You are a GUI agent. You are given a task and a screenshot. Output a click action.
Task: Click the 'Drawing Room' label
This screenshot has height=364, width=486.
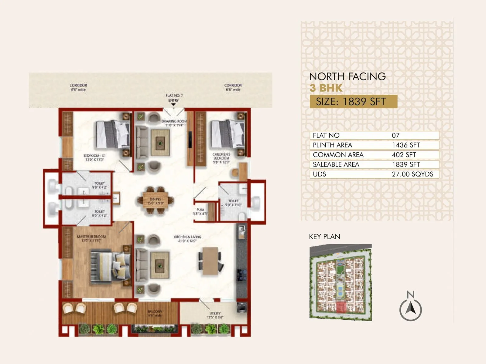pyautogui.click(x=174, y=123)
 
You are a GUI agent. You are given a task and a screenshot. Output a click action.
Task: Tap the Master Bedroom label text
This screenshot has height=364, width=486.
pyautogui.click(x=91, y=238)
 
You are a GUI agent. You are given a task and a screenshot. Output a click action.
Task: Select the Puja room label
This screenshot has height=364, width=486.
pyautogui.click(x=200, y=211)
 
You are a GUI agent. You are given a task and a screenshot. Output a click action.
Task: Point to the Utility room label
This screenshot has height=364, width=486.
pyautogui.click(x=215, y=315)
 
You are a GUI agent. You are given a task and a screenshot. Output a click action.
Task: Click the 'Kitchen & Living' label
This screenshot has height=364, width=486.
pyautogui.click(x=187, y=239)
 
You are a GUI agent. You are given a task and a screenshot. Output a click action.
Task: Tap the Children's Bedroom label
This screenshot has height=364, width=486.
pyautogui.click(x=221, y=158)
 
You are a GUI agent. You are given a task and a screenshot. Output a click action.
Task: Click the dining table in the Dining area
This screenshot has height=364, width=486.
pyautogui.click(x=156, y=201)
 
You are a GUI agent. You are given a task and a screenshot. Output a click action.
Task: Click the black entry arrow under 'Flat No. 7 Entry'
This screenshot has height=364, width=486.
pyautogui.click(x=173, y=105)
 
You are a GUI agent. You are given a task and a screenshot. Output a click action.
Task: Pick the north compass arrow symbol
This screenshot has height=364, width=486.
pyautogui.click(x=411, y=309)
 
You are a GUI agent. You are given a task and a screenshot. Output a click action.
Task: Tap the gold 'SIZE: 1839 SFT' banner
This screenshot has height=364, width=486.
pyautogui.click(x=353, y=102)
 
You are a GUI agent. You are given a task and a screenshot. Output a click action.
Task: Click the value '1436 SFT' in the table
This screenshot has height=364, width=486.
pyautogui.click(x=406, y=145)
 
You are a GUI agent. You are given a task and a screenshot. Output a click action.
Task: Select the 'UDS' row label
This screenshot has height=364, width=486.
pyautogui.click(x=320, y=174)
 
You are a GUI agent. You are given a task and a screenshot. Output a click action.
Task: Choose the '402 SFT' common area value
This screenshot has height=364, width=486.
pyautogui.click(x=404, y=155)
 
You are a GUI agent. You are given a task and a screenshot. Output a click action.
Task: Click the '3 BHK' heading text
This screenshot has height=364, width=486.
pyautogui.click(x=326, y=88)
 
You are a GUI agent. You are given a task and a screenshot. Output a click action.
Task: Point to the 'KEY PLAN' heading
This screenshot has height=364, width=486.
pyautogui.click(x=324, y=237)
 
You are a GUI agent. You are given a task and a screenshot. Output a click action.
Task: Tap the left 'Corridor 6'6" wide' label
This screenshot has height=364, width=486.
pyautogui.click(x=78, y=87)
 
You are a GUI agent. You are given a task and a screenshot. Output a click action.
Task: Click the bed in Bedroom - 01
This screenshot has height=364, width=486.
pyautogui.click(x=112, y=134)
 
